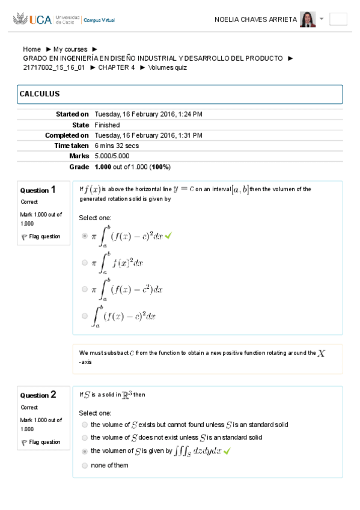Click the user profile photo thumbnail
307,19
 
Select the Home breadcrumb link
32,49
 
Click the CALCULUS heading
40,94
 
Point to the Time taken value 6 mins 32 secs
117,146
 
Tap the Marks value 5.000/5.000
112,156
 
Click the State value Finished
107,125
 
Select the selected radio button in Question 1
85,236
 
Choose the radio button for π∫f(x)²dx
85,262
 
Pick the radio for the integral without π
85,315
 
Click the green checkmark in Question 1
168,236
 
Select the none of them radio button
85,465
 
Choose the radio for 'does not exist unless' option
85,438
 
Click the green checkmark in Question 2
227,451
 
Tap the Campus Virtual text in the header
99,20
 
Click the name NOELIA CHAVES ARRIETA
255,19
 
